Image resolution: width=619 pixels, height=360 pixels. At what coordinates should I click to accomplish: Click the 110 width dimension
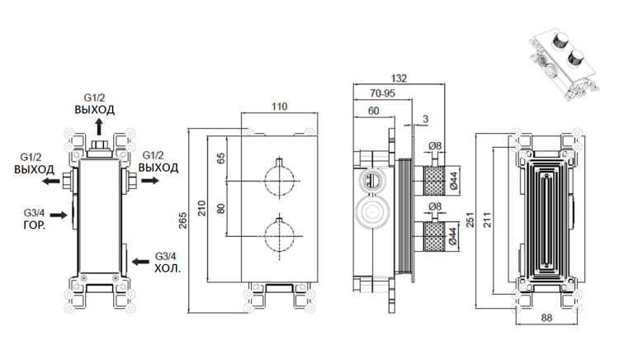[279, 107]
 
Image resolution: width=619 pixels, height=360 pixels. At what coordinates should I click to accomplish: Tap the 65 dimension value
[220, 159]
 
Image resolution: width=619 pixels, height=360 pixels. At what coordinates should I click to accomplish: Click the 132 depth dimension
[399, 78]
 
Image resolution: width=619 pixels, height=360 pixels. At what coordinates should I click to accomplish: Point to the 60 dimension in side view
[373, 111]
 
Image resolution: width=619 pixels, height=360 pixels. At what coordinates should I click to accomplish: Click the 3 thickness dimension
[425, 121]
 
